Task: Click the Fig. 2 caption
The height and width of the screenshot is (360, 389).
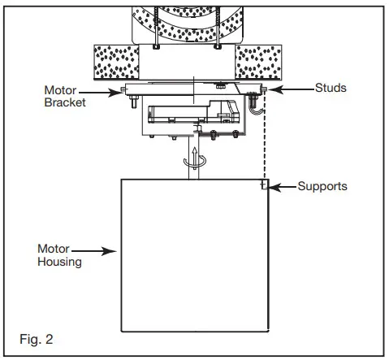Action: click(37, 335)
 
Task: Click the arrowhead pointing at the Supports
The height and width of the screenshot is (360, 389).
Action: click(274, 187)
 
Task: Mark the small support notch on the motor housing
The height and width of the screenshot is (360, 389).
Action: click(264, 186)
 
